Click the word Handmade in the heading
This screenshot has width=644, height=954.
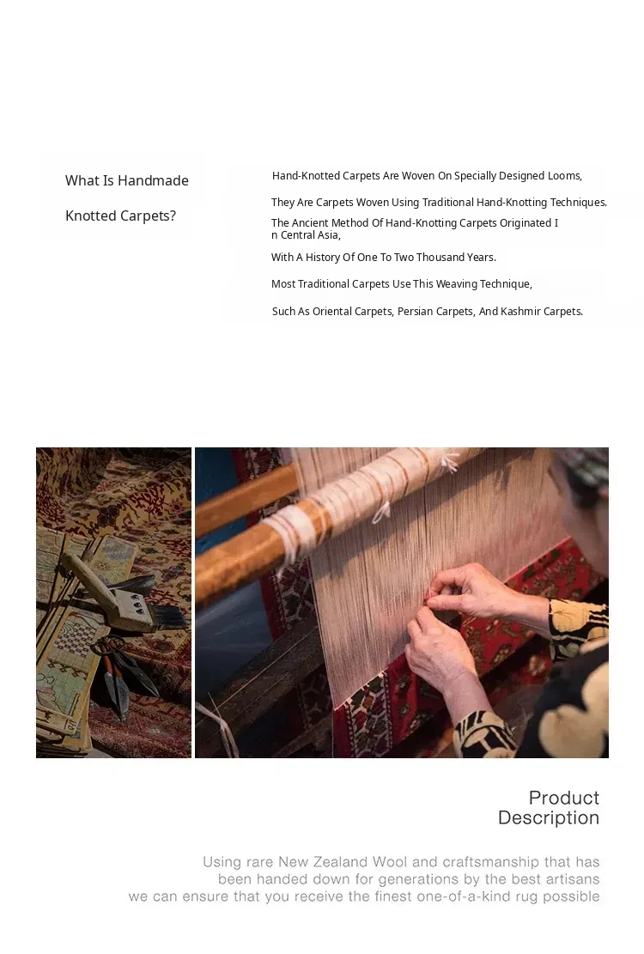(x=153, y=180)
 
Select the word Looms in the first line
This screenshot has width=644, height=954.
(x=564, y=176)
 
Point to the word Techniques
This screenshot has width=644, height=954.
(x=579, y=203)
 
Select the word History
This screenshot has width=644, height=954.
(x=322, y=258)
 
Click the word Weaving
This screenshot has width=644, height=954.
(x=457, y=284)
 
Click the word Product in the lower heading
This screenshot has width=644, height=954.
(x=564, y=798)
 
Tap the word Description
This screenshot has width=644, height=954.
(x=549, y=817)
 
